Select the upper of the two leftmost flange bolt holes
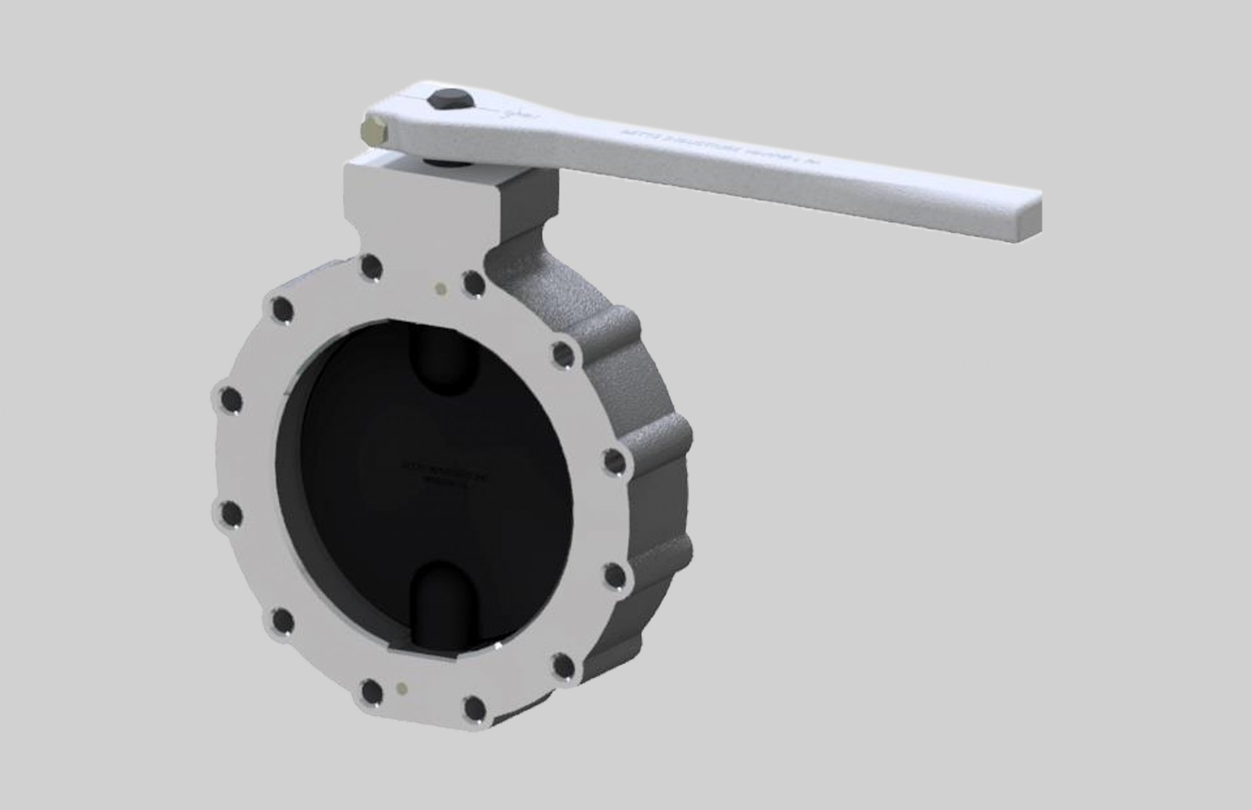click(230, 399)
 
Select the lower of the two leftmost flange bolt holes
click(230, 515)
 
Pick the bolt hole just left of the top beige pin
click(372, 268)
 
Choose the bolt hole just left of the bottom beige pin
click(372, 692)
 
